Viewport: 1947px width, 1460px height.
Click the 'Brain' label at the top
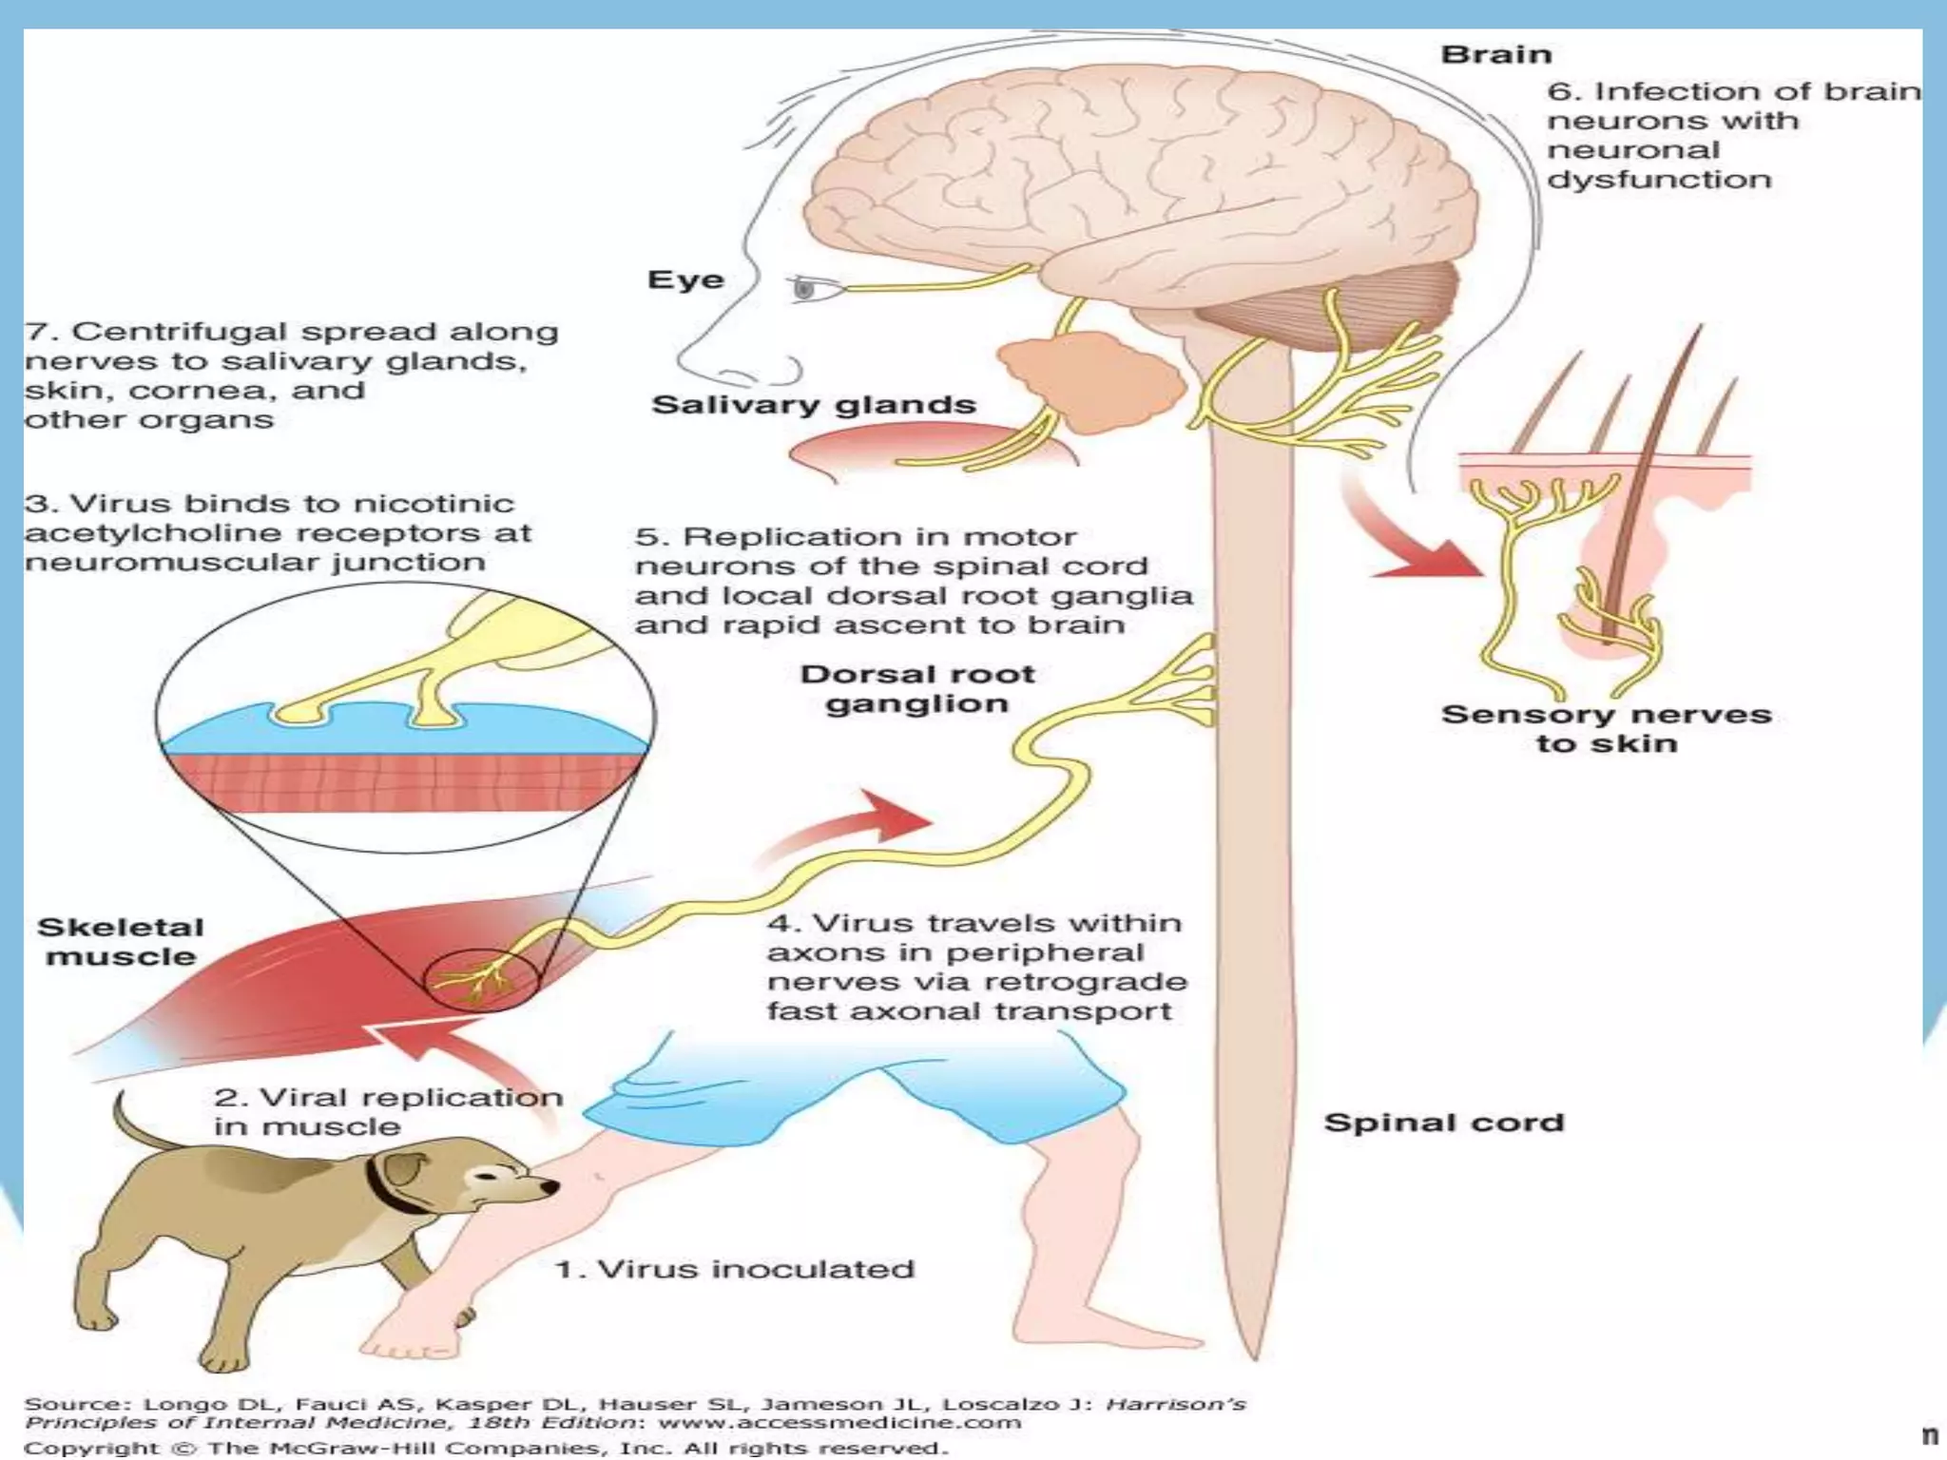[x=1495, y=55]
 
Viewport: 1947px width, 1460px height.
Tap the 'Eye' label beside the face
[x=685, y=280]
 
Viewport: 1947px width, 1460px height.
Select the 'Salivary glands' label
[x=814, y=405]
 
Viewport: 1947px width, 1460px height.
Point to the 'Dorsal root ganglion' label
[x=916, y=689]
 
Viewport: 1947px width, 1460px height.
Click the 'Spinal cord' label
[x=1443, y=1123]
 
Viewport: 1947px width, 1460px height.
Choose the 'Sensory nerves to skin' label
[x=1606, y=729]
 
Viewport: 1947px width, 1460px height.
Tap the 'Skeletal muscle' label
[x=121, y=942]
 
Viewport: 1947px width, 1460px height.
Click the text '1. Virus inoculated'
[x=734, y=1269]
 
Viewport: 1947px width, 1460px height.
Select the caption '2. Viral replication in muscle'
[x=387, y=1111]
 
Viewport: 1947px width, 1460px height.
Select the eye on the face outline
[x=806, y=288]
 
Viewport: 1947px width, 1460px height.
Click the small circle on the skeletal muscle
[x=480, y=980]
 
